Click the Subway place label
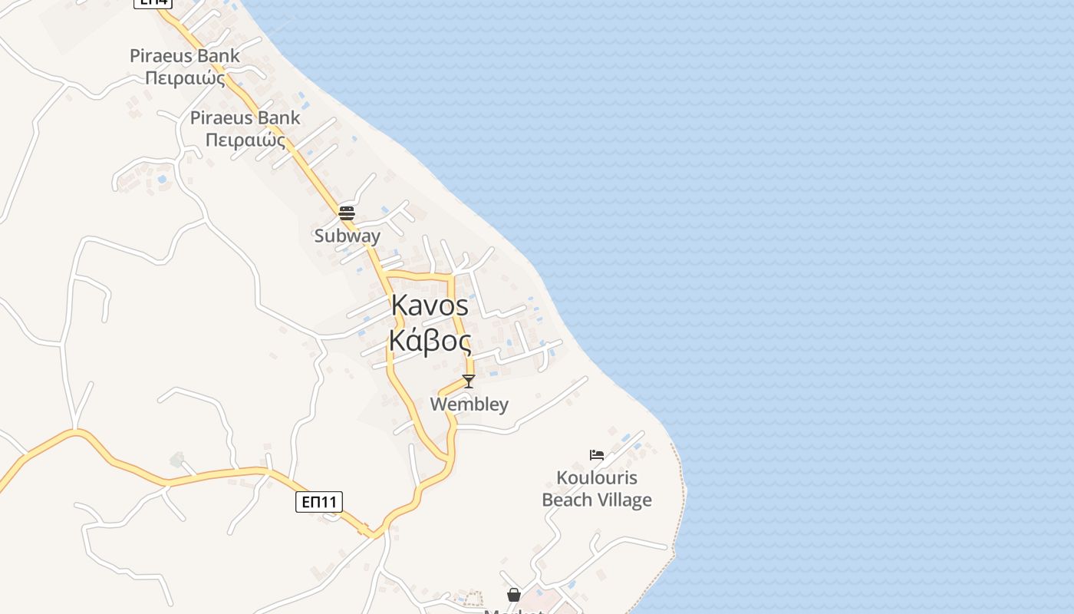click(x=347, y=236)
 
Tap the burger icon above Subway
click(x=347, y=213)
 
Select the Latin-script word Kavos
click(x=430, y=305)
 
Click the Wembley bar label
click(x=469, y=404)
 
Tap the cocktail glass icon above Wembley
click(x=469, y=381)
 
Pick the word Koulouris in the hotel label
click(x=597, y=478)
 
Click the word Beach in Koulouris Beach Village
click(x=569, y=500)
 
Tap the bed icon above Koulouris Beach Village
click(x=597, y=455)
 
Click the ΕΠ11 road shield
click(x=318, y=503)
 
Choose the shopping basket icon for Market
click(x=513, y=595)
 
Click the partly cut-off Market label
click(x=513, y=611)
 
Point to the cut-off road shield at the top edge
click(x=153, y=3)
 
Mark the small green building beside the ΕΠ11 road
click(x=177, y=460)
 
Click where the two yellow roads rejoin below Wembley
click(x=448, y=460)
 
